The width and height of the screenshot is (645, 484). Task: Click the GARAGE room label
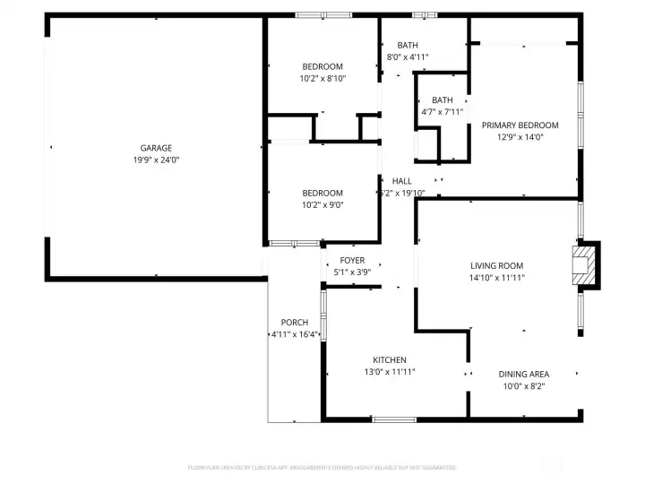pos(156,148)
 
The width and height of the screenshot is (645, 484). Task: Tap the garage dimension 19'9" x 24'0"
pos(156,160)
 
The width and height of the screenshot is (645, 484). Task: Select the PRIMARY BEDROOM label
pos(520,125)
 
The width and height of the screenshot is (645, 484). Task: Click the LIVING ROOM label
pos(497,266)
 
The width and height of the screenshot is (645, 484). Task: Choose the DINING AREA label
pos(524,374)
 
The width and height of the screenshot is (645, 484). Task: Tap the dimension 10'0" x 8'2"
pos(524,386)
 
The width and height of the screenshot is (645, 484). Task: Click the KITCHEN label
pos(390,360)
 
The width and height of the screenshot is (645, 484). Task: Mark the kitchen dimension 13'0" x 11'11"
pos(390,372)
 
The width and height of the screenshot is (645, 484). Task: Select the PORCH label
pos(295,323)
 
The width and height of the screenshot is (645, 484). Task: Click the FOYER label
pos(352,261)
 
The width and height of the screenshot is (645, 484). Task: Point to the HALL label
pos(402,181)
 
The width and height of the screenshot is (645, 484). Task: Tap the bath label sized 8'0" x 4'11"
pos(408,46)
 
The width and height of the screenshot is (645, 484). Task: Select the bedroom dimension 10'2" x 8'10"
pos(322,79)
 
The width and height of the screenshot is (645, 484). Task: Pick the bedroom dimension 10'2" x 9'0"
pos(322,204)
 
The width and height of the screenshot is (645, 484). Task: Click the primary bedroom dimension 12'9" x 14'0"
pos(520,137)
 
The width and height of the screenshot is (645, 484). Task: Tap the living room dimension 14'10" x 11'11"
pos(497,278)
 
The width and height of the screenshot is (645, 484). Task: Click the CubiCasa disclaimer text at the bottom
pos(322,468)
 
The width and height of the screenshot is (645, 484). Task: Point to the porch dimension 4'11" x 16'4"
pos(296,334)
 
